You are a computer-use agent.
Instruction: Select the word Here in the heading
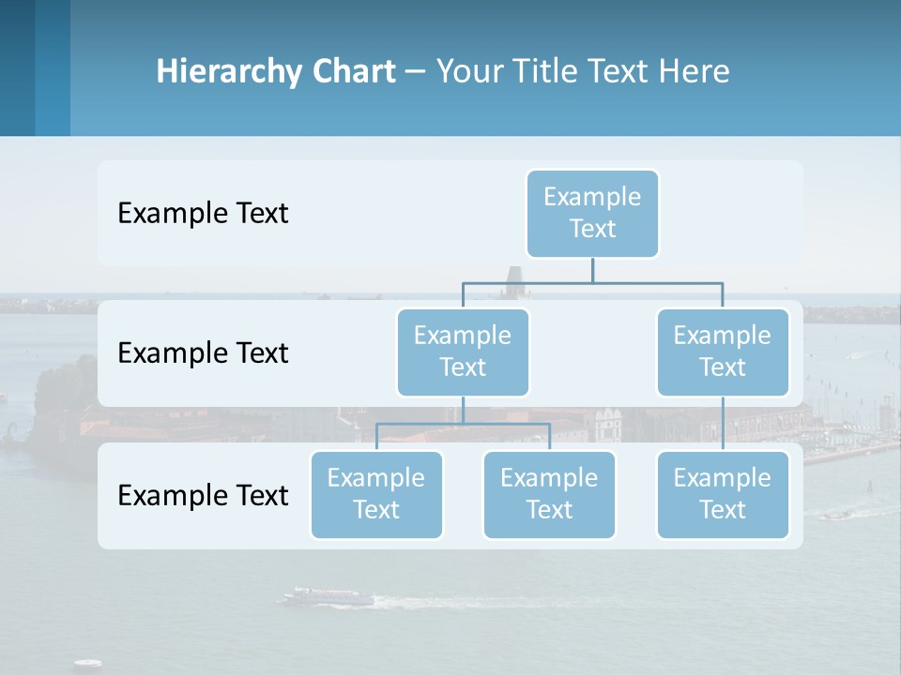click(694, 72)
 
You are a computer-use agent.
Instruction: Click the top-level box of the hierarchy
click(592, 213)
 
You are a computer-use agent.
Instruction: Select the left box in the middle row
click(463, 352)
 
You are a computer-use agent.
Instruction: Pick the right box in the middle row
click(723, 352)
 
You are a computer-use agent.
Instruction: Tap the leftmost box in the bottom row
click(376, 494)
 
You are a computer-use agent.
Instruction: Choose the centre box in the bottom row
click(549, 494)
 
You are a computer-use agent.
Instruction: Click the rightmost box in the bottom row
click(723, 494)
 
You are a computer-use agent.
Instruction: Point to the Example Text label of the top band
click(203, 214)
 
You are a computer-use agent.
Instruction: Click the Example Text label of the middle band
click(203, 353)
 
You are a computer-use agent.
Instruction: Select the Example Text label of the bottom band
click(203, 496)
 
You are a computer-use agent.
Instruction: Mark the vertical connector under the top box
click(592, 269)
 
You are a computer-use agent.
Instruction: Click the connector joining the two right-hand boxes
click(723, 423)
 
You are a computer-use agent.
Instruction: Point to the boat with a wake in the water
click(328, 596)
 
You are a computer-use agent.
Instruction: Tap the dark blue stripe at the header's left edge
click(17, 67)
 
